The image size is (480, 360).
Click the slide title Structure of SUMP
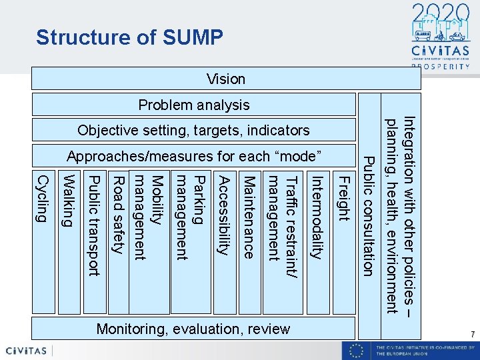pyautogui.click(x=129, y=37)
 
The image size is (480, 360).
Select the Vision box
pyautogui.click(x=226, y=79)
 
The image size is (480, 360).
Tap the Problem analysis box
pyautogui.click(x=194, y=105)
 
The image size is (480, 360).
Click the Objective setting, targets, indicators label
pyautogui.click(x=193, y=130)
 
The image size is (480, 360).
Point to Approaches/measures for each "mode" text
pyautogui.click(x=194, y=156)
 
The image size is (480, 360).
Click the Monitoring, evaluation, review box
pyautogui.click(x=193, y=329)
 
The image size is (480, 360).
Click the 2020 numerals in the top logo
pyautogui.click(x=436, y=15)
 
